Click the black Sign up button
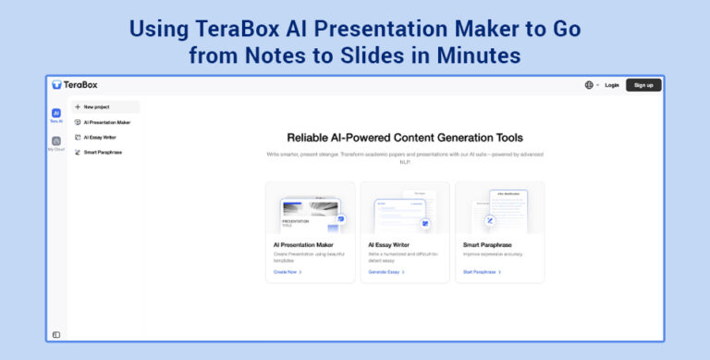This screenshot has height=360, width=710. [643, 85]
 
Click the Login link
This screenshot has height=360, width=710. [612, 85]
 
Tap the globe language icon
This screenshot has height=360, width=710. [589, 85]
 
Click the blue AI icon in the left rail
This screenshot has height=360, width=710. [56, 113]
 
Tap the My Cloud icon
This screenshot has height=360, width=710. [56, 142]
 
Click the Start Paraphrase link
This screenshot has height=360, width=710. [482, 272]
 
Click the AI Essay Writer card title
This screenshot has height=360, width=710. [389, 245]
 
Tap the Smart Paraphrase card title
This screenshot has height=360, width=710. [488, 245]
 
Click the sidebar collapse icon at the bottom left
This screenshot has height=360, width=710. [56, 334]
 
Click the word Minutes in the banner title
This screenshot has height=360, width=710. [472, 56]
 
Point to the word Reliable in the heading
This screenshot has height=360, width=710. [312, 137]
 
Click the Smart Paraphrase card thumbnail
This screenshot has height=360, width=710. [499, 209]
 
